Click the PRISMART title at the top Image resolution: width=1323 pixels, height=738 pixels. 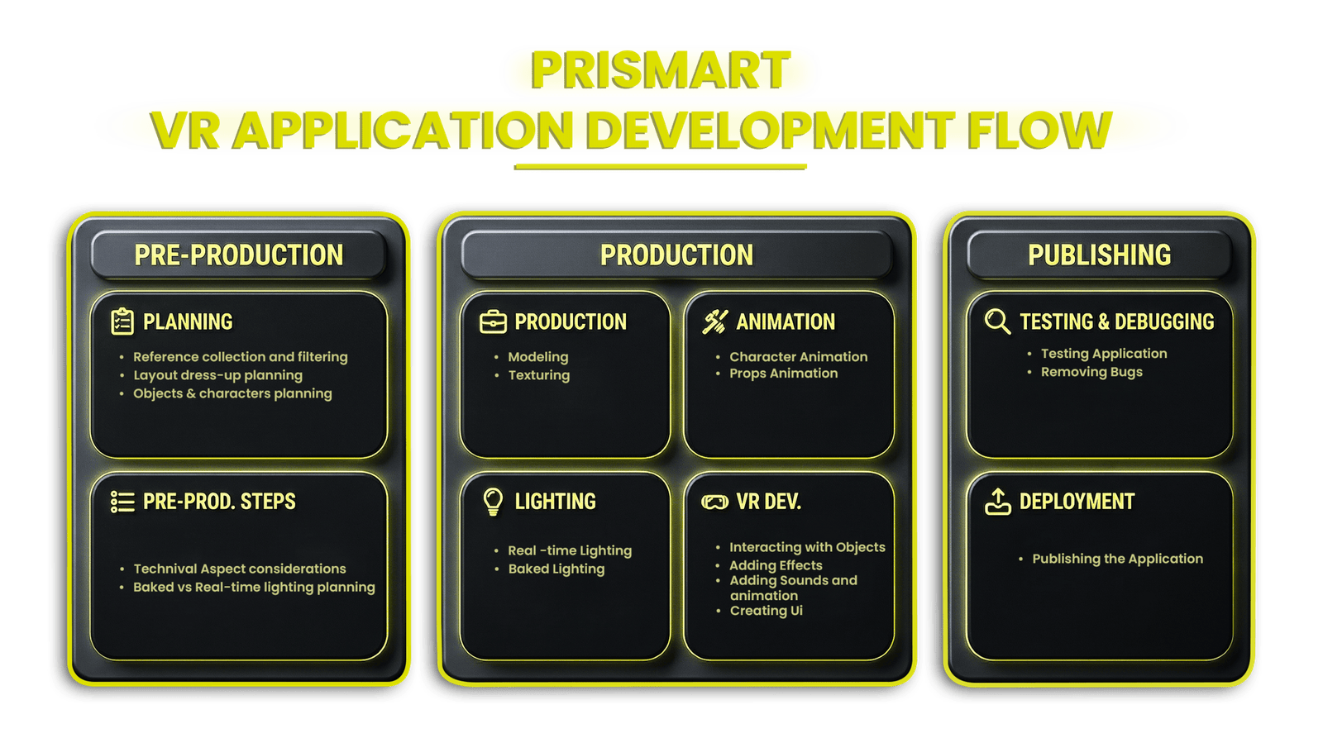click(x=660, y=70)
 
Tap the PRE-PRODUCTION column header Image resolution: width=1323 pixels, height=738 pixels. click(x=238, y=255)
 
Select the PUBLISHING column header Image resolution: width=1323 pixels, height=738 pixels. click(x=1099, y=255)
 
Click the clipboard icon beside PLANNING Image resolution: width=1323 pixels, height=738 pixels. click(x=122, y=321)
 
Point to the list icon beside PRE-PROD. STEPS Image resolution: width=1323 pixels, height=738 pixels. click(x=122, y=502)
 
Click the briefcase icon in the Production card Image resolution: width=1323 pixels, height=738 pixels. click(x=493, y=321)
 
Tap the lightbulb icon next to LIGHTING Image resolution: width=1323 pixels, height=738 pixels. click(x=493, y=501)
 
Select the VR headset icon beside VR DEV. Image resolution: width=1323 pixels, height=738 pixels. click(x=714, y=502)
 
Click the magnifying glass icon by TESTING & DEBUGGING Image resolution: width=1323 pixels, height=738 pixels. click(x=997, y=321)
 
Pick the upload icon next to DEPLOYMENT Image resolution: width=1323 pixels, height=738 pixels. click(x=998, y=502)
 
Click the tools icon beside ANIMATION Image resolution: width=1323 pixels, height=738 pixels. click(x=714, y=321)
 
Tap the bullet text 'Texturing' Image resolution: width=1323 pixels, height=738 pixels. click(x=538, y=375)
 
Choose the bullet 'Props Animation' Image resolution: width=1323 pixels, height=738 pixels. click(x=783, y=374)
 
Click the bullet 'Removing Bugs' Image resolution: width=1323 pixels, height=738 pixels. click(x=1091, y=372)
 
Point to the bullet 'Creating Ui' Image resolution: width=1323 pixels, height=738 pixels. click(x=766, y=611)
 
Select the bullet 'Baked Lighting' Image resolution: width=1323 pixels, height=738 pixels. click(x=556, y=569)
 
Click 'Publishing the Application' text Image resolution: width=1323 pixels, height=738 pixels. click(x=1117, y=559)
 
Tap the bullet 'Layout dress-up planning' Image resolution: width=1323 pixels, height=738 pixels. click(x=217, y=375)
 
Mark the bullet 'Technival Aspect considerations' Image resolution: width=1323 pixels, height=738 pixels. click(x=240, y=569)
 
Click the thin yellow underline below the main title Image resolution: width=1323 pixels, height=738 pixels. click(x=660, y=167)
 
